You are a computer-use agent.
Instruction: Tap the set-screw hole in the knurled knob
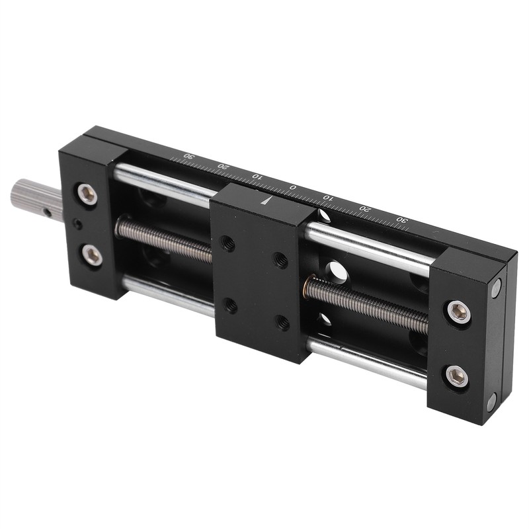[x=48, y=212]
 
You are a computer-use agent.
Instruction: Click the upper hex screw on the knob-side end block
[x=87, y=193]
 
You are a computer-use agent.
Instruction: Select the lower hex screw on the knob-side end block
[x=92, y=255]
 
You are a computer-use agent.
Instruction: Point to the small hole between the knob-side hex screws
[x=78, y=225]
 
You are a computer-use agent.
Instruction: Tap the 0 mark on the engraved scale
[x=292, y=188]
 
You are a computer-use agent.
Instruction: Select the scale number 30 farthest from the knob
[x=400, y=220]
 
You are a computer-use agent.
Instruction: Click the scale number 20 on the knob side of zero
[x=223, y=167]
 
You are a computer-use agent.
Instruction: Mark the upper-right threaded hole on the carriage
[x=280, y=258]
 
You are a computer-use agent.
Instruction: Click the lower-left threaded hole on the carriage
[x=231, y=305]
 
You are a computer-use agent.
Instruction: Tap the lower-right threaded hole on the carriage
[x=282, y=323]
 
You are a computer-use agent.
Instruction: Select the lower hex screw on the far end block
[x=457, y=377]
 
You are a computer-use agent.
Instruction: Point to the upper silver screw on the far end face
[x=495, y=287]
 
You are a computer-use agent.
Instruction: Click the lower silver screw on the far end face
[x=491, y=401]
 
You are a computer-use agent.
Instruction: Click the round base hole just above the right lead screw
[x=335, y=271]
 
